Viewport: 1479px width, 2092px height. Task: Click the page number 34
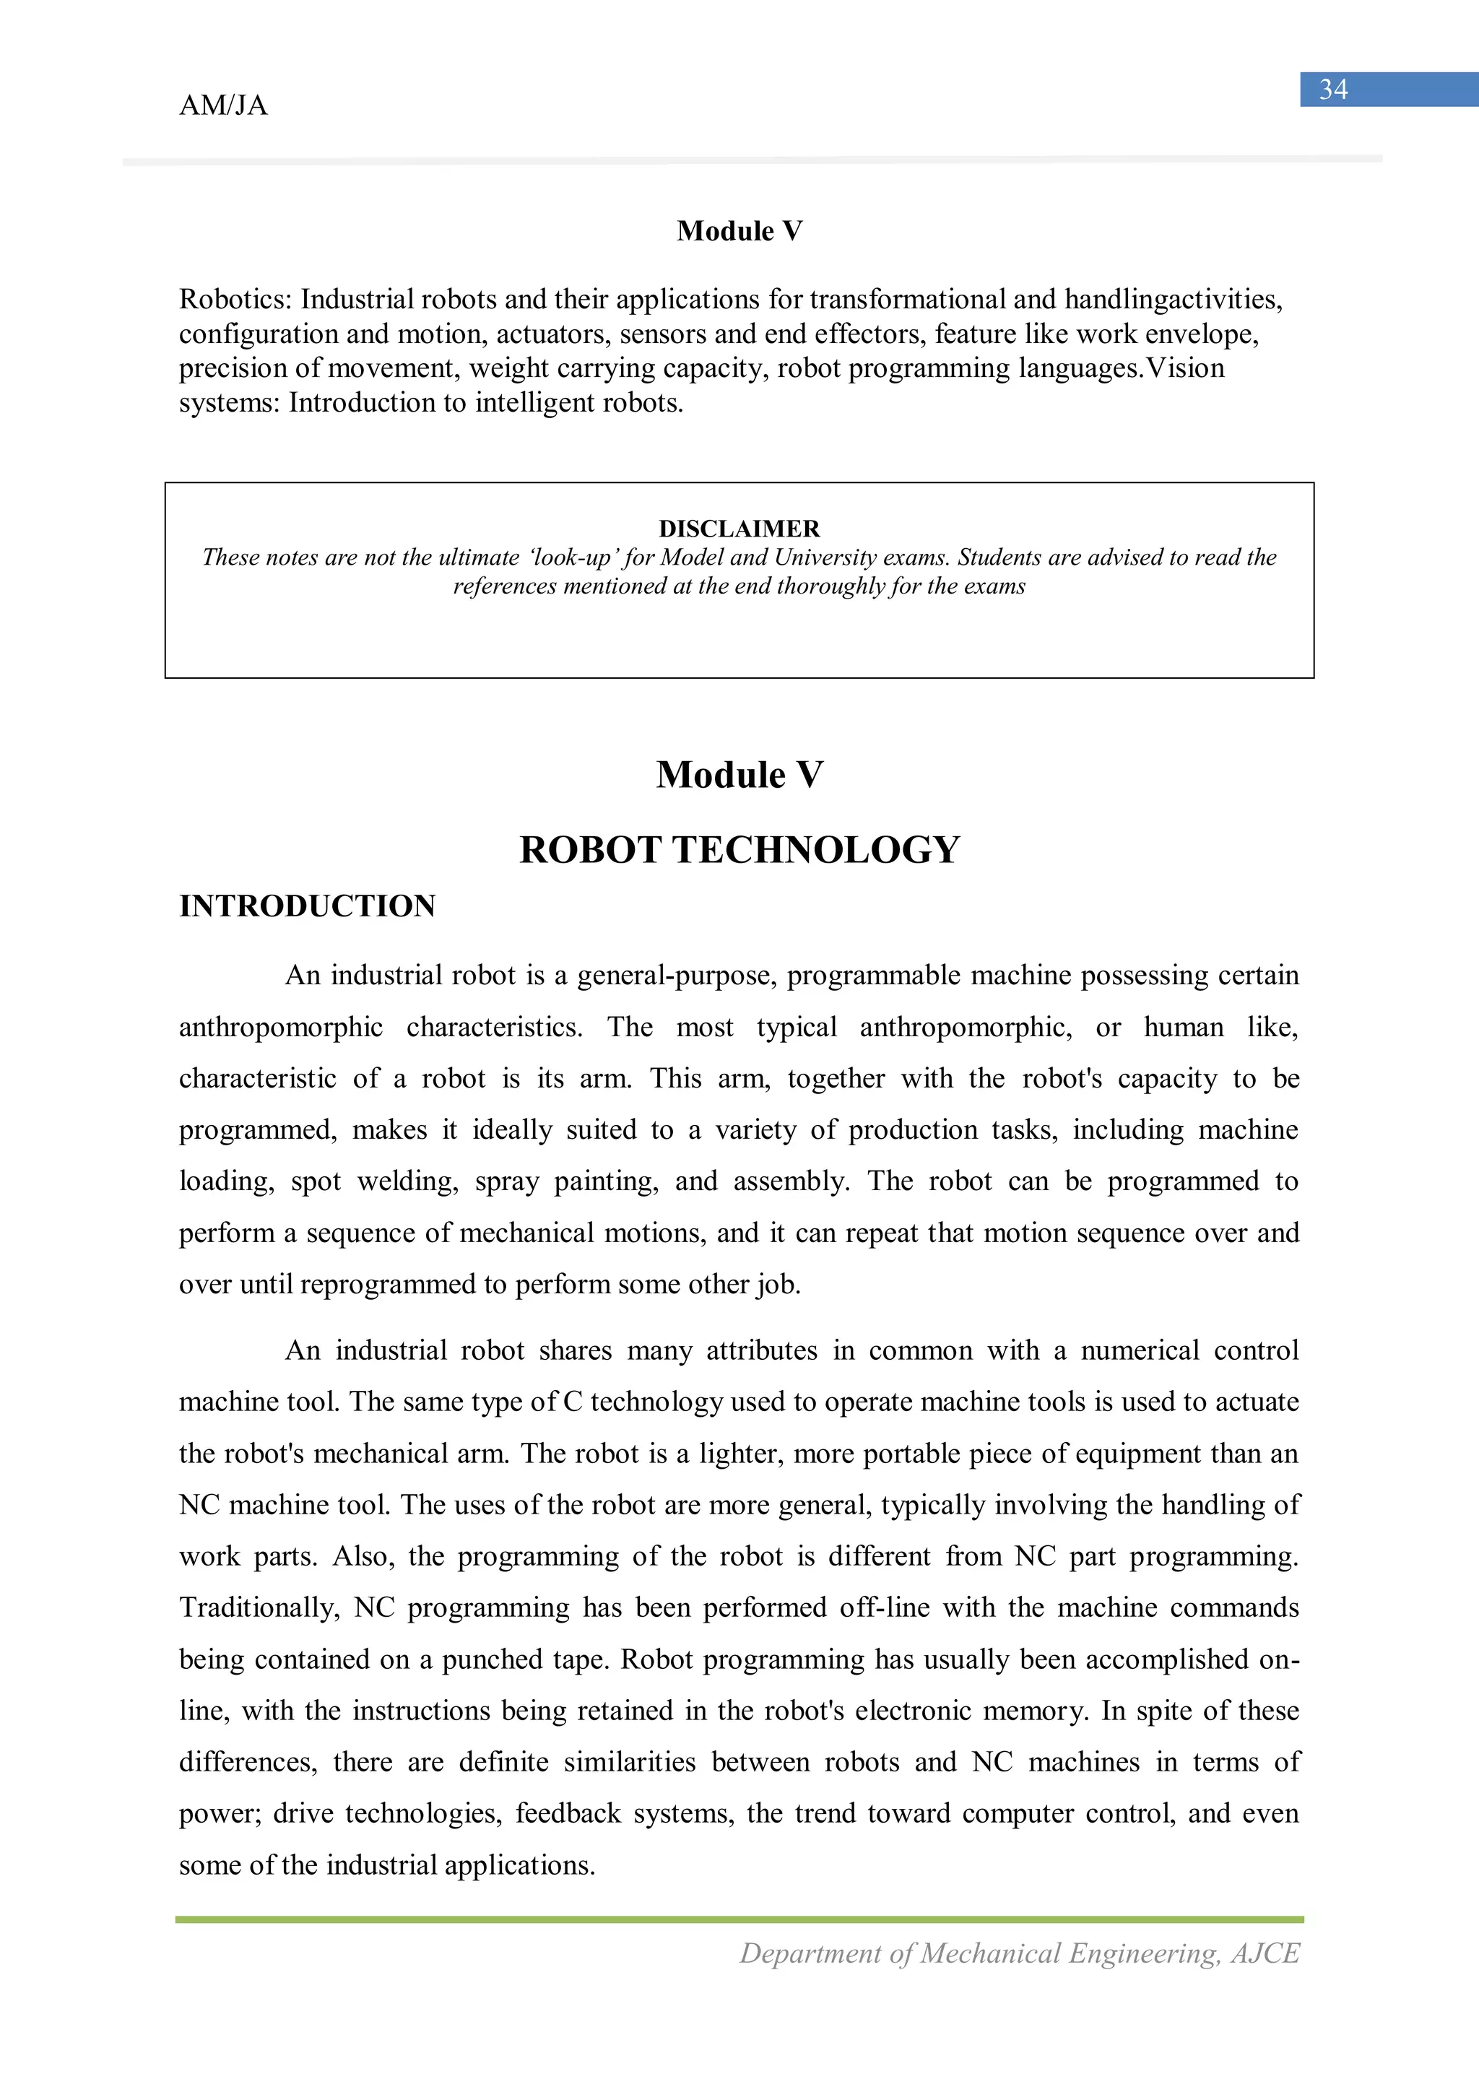(x=1332, y=90)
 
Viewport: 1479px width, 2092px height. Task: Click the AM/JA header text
(x=223, y=105)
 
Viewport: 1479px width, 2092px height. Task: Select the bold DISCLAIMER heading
(x=739, y=529)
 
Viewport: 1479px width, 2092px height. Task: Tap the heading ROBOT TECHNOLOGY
(x=739, y=850)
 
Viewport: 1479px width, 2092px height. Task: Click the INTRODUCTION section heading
(x=307, y=906)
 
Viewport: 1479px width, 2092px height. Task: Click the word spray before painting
(x=507, y=1182)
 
